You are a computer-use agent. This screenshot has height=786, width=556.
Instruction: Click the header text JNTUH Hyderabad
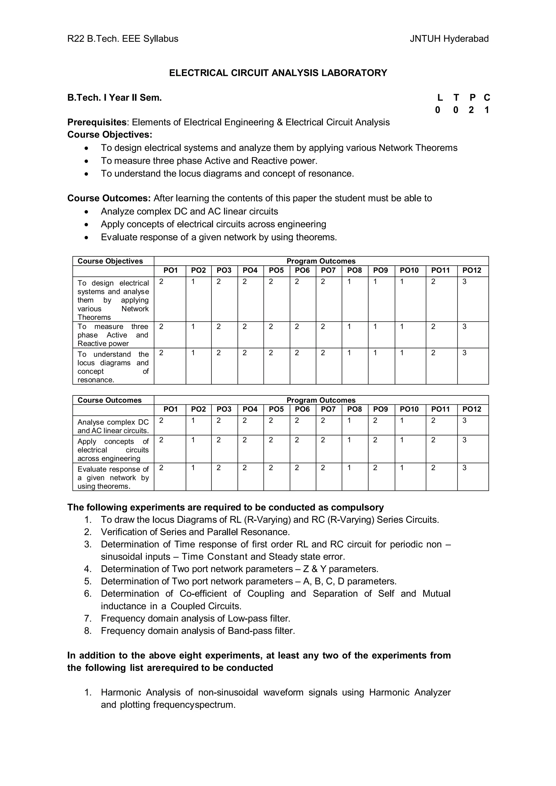[449, 39]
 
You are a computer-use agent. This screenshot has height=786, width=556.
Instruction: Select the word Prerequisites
[97, 122]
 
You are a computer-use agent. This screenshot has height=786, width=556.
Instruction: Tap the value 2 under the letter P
[471, 110]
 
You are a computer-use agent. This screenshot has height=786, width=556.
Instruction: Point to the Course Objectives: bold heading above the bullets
[110, 135]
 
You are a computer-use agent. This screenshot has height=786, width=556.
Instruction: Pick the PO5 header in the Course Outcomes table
[276, 409]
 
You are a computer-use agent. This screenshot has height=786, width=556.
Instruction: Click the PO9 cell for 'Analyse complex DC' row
[375, 420]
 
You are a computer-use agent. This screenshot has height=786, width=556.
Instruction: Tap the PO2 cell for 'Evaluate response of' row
[193, 468]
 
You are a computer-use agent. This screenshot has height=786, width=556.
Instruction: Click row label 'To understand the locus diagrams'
[113, 367]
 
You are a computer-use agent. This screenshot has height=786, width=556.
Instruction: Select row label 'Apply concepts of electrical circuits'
[113, 450]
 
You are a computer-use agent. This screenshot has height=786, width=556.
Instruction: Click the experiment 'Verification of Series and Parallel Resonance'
[195, 532]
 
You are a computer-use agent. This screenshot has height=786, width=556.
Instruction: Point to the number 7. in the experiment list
[88, 619]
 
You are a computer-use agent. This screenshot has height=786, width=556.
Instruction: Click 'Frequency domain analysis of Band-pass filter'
[198, 631]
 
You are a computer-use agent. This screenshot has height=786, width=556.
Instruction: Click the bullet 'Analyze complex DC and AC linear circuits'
[189, 212]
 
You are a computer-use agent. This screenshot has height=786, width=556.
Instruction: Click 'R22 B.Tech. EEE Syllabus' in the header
[123, 39]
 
